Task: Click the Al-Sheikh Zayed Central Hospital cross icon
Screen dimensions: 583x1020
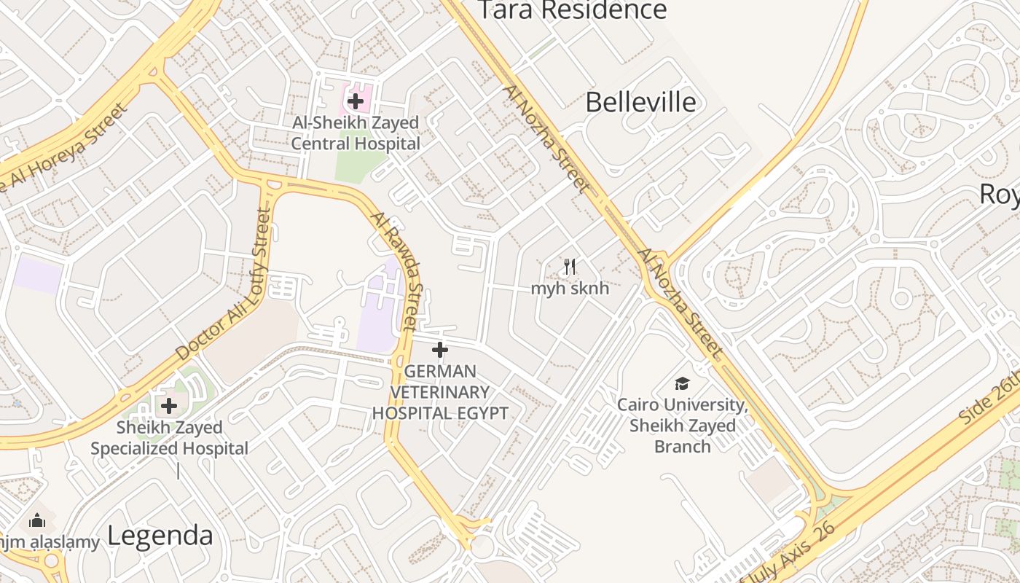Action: tap(356, 101)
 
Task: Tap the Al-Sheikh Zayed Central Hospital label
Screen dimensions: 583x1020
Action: tap(356, 133)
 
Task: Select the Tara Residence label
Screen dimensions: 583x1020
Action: tap(571, 10)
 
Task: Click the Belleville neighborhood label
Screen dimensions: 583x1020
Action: tap(640, 102)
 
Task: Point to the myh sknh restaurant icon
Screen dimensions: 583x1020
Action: tap(570, 267)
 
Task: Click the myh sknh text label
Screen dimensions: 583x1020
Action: tap(570, 288)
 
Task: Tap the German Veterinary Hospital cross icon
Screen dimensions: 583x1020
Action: tap(439, 350)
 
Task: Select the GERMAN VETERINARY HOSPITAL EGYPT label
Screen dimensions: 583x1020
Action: tap(440, 392)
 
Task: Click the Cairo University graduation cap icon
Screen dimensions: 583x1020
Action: tap(682, 383)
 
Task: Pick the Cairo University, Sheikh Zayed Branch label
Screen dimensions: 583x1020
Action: tap(682, 426)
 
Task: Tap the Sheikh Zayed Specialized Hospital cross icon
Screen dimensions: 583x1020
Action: tap(169, 406)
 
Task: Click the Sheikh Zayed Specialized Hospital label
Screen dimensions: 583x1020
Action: tap(169, 438)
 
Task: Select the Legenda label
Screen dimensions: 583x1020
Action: tap(160, 536)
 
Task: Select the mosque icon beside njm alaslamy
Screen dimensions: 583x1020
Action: tap(36, 520)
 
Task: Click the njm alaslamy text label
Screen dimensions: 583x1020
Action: tap(50, 541)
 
